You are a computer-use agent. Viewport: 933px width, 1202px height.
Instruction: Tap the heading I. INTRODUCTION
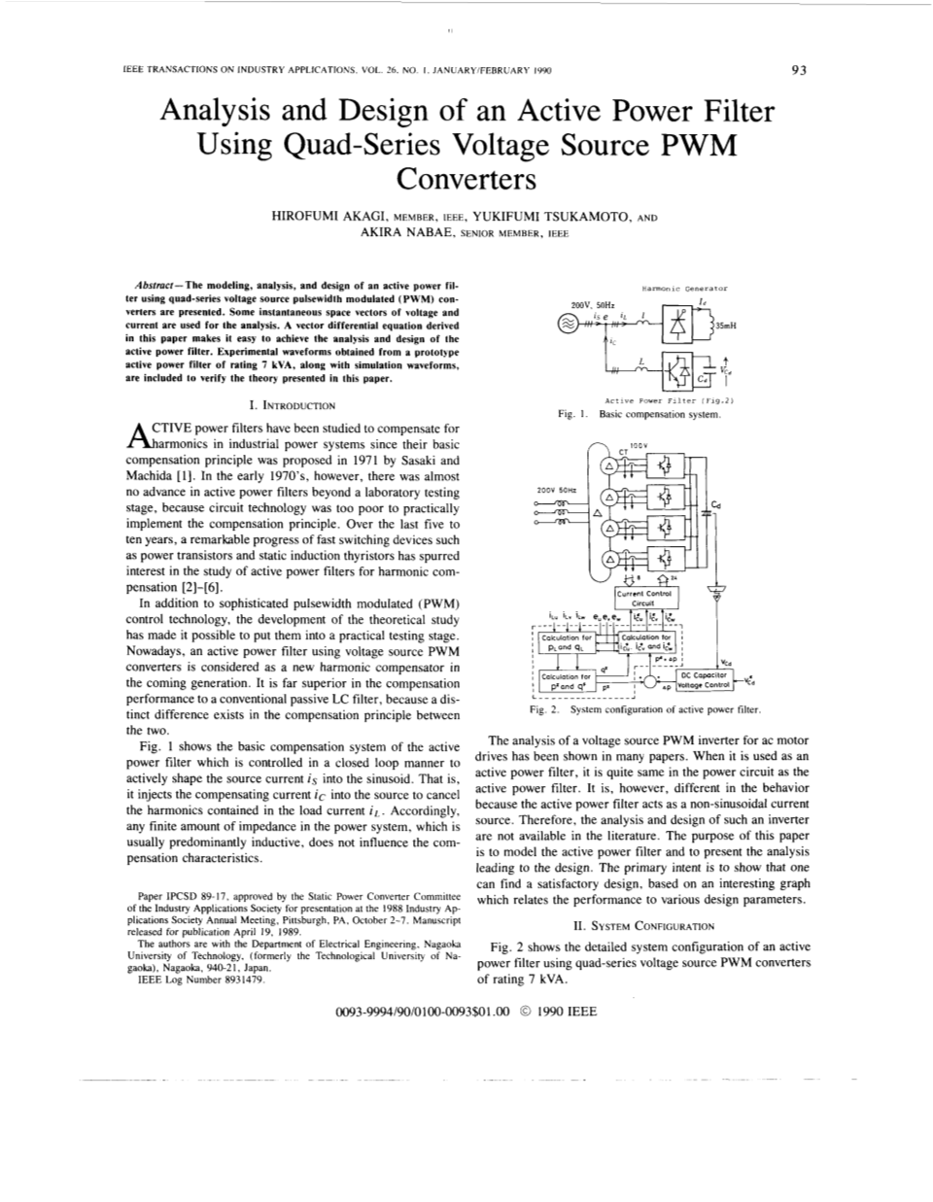293,405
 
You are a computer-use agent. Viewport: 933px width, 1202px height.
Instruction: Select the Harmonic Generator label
685,288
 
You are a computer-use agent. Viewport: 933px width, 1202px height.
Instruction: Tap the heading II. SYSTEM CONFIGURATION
644,926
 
